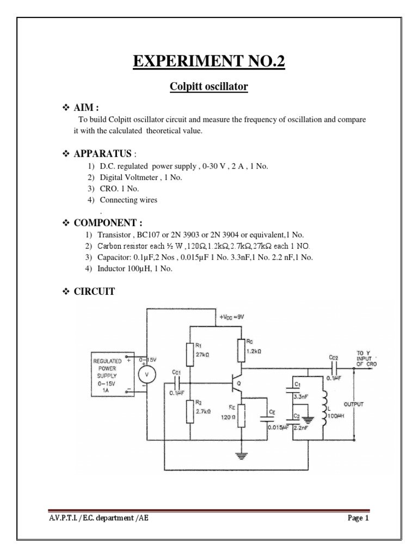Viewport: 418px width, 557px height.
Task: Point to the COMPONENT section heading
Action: click(x=103, y=222)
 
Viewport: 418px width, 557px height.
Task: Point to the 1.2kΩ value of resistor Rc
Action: click(x=253, y=352)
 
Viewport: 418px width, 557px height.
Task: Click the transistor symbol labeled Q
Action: click(x=237, y=383)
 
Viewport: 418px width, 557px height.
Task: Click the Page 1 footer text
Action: click(x=358, y=518)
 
